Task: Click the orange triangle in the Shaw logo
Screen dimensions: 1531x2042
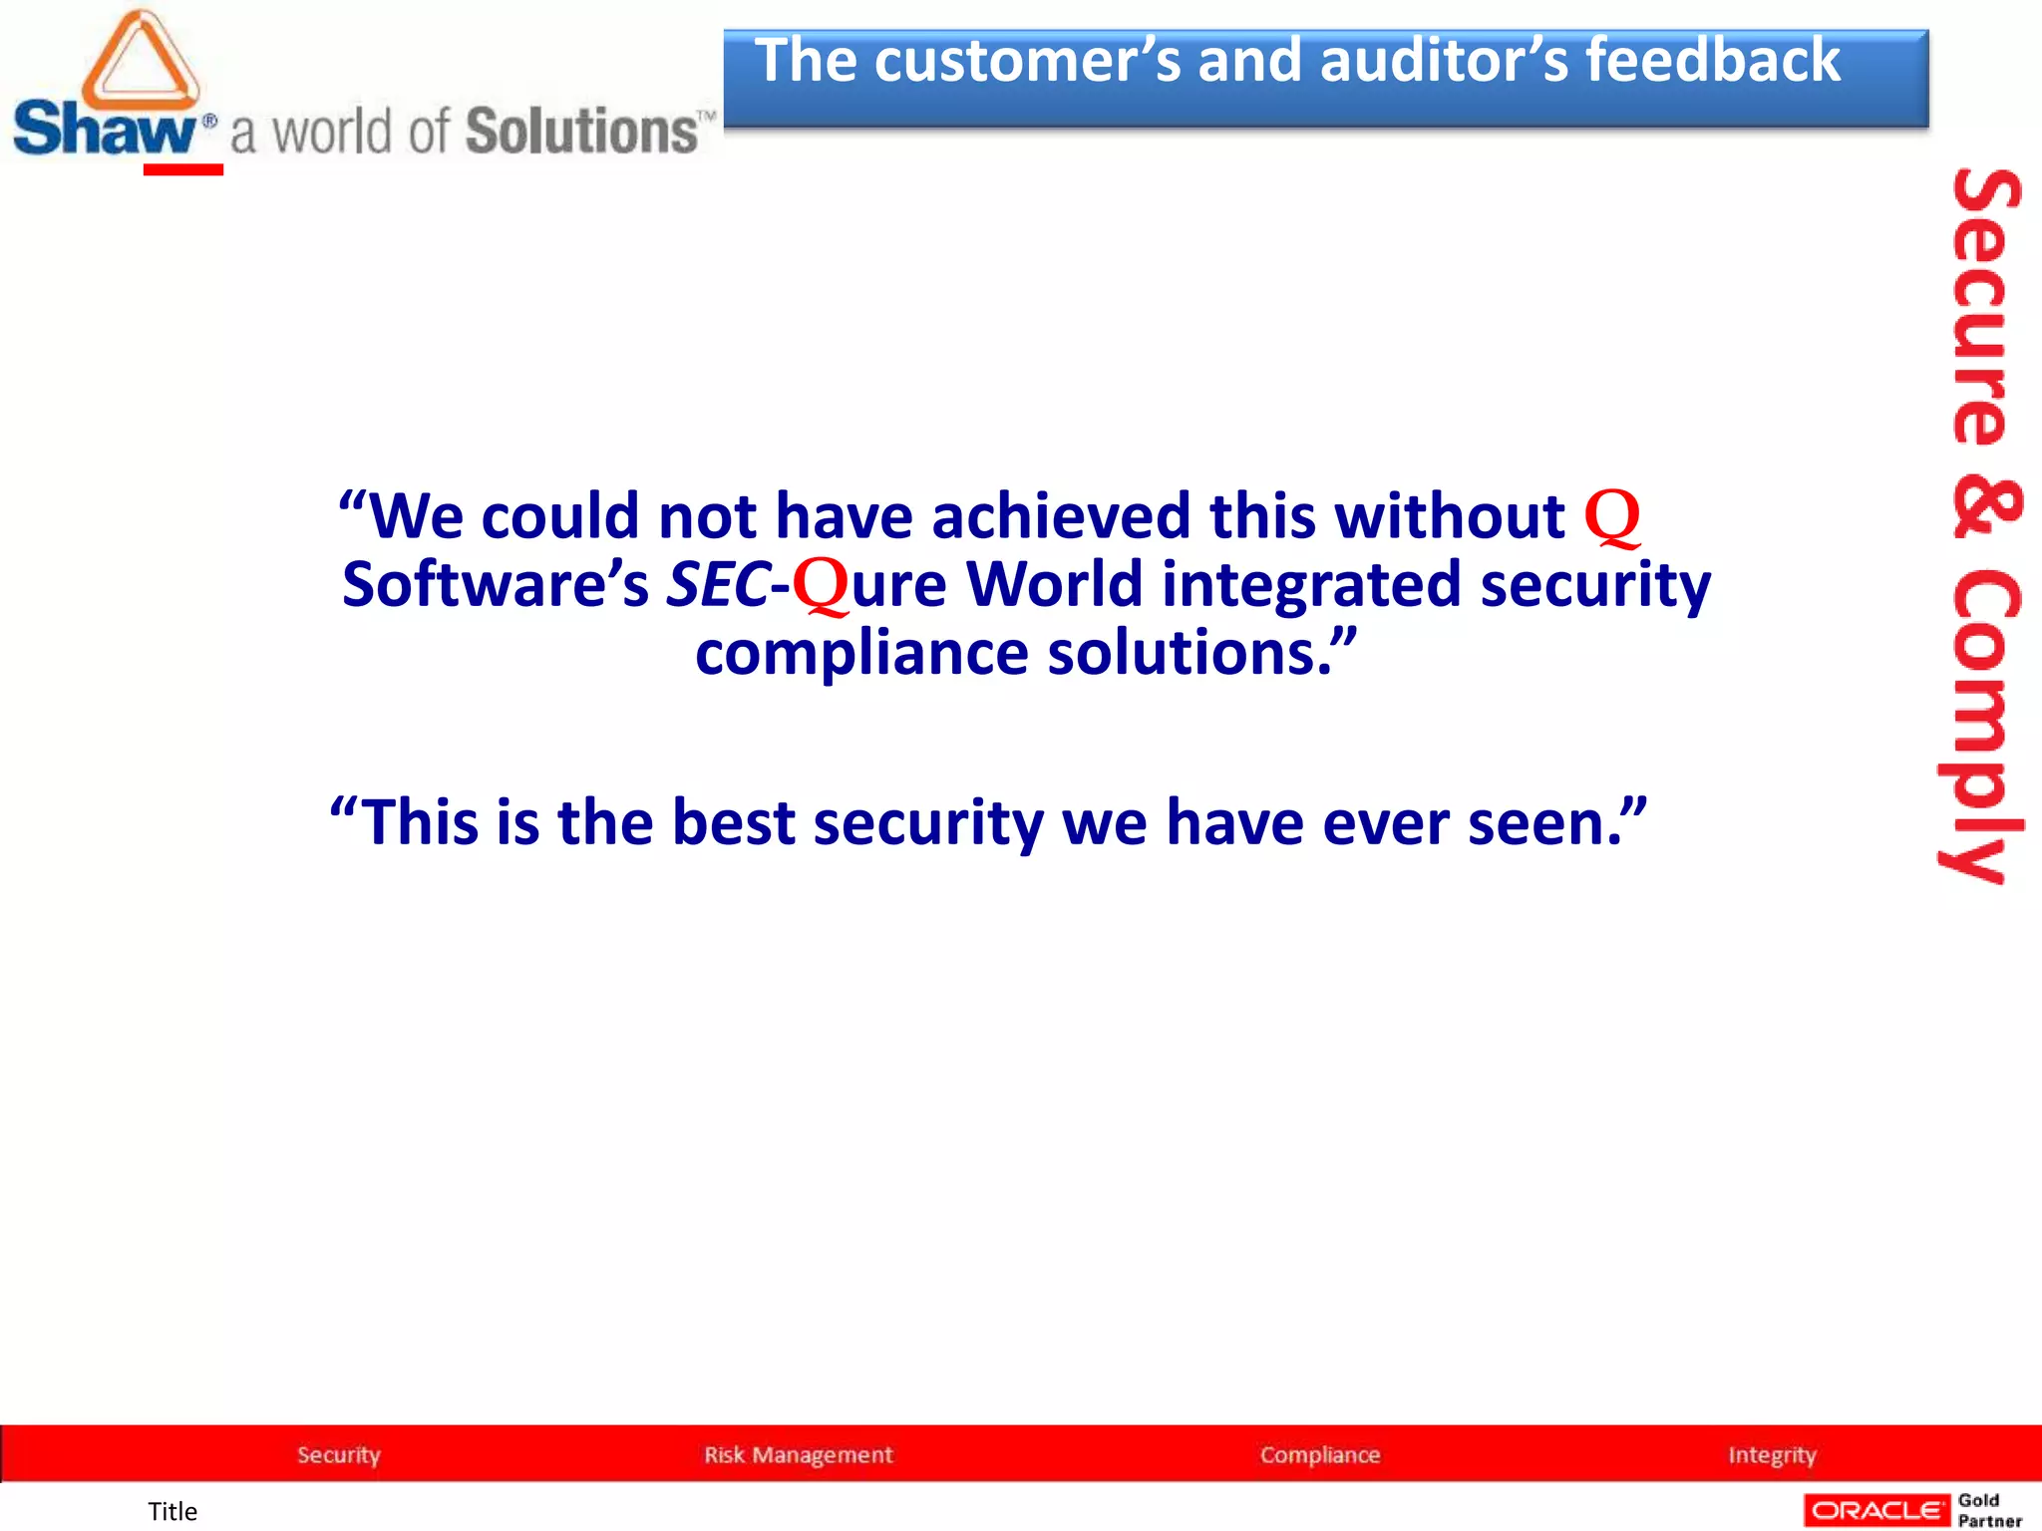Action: pyautogui.click(x=140, y=62)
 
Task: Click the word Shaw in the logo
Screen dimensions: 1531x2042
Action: pyautogui.click(x=105, y=130)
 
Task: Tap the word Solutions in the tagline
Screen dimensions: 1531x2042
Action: pyautogui.click(x=582, y=132)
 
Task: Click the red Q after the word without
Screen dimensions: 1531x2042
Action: pyautogui.click(x=1611, y=516)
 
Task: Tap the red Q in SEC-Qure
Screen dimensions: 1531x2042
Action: pyautogui.click(x=820, y=585)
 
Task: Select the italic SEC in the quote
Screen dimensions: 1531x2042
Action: pyautogui.click(x=717, y=585)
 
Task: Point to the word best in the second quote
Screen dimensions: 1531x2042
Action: pyautogui.click(x=733, y=823)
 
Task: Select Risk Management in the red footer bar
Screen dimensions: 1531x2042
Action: pyautogui.click(x=799, y=1455)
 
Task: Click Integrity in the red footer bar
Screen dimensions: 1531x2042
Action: pyautogui.click(x=1772, y=1455)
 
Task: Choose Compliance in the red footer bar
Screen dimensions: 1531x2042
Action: pyautogui.click(x=1320, y=1455)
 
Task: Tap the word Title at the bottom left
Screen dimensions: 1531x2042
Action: pyautogui.click(x=172, y=1512)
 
